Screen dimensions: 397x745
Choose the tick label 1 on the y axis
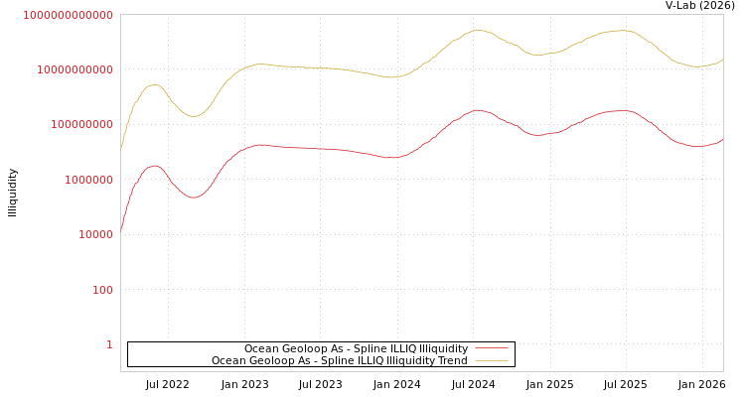point(109,344)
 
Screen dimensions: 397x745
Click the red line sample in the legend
point(491,348)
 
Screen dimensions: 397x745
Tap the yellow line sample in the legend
point(491,360)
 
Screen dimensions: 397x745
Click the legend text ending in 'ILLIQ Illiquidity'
point(356,348)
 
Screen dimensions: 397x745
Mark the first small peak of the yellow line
point(154,84)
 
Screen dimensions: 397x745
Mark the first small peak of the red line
point(154,166)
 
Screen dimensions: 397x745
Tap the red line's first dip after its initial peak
point(194,198)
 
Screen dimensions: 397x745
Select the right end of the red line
point(722,139)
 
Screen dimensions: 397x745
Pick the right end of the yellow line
point(722,60)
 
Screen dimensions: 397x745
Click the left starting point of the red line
point(121,231)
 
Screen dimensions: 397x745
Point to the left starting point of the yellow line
point(121,149)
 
